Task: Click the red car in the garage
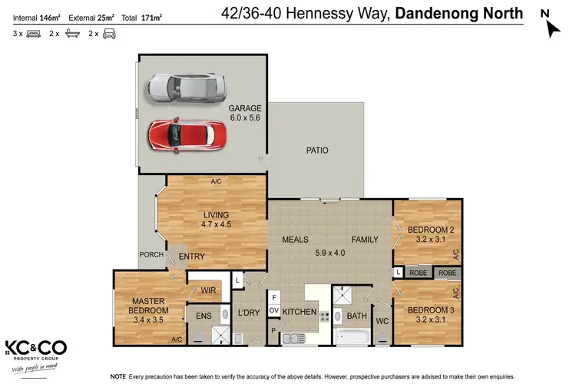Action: (x=188, y=135)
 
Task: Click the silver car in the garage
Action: (x=187, y=88)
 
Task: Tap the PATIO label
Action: (x=318, y=151)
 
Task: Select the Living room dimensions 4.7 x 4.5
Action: (x=217, y=224)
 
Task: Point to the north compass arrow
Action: (x=551, y=28)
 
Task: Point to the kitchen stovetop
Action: (x=324, y=316)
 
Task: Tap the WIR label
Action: (x=207, y=291)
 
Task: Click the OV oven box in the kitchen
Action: (x=273, y=310)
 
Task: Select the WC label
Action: (x=381, y=319)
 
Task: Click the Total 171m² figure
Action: (x=147, y=16)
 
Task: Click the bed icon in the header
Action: (x=33, y=34)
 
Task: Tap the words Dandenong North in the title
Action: (x=458, y=13)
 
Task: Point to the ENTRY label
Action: (x=191, y=256)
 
